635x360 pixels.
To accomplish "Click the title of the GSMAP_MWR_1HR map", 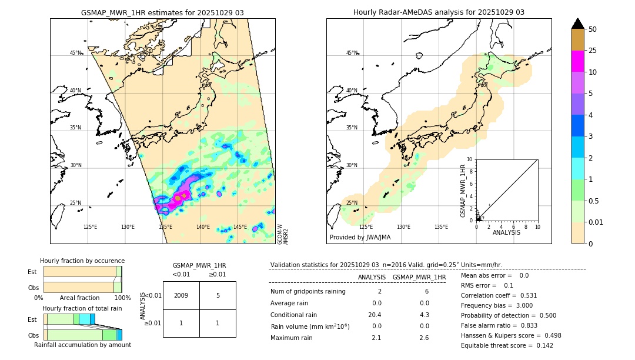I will [x=162, y=12].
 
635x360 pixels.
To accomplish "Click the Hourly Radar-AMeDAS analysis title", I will [x=439, y=12].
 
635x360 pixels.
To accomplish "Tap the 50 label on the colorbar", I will [x=593, y=29].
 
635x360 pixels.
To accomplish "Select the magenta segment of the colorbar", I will [x=577, y=61].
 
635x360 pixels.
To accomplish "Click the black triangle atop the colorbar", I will [x=577, y=24].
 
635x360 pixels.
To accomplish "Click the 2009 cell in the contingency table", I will [x=181, y=295].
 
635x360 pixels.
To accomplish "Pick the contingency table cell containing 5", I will [x=218, y=295].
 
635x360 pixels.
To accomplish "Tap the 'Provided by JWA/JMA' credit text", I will [x=360, y=237].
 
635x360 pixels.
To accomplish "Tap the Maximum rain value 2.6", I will [x=423, y=338].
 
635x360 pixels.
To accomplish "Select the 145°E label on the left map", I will [x=240, y=227].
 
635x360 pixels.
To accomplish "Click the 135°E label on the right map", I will [x=441, y=227].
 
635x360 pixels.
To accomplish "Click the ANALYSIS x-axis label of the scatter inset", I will [x=507, y=232].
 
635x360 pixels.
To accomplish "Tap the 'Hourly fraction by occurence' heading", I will [x=82, y=261].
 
